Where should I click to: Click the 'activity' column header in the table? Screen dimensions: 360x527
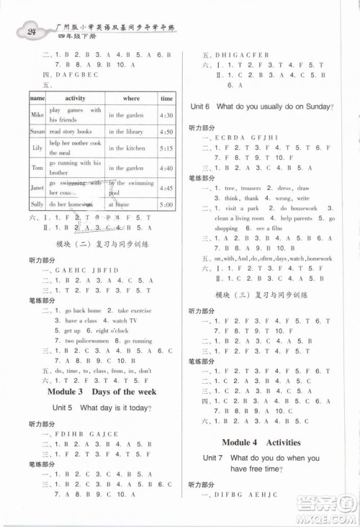tap(76, 98)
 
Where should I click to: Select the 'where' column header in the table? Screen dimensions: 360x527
tap(131, 98)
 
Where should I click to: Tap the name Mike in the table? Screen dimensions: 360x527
tap(37, 114)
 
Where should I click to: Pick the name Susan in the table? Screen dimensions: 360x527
tap(37, 132)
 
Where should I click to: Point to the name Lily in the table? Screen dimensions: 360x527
tap(37, 148)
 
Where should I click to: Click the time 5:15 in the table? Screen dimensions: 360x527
tap(166, 148)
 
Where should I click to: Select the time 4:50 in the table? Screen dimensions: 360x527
tap(166, 132)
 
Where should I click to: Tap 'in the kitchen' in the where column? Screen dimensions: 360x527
tap(127, 148)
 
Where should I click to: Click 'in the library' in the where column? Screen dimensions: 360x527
tap(127, 132)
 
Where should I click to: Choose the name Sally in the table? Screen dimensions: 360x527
tap(37, 205)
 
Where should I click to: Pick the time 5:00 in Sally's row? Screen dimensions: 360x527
tap(166, 205)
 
